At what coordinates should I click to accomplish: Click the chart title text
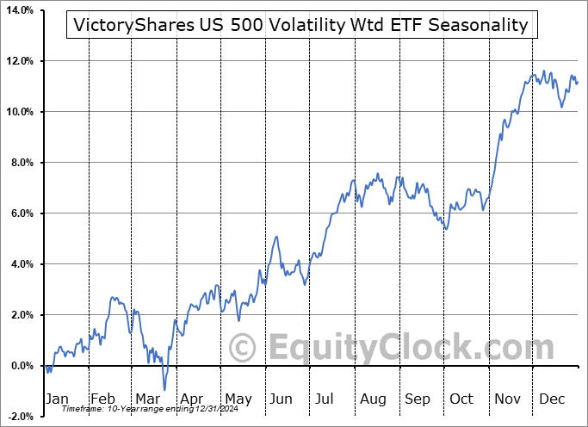(301, 25)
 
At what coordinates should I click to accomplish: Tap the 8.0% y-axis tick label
(21, 163)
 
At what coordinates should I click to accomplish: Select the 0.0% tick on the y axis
(21, 366)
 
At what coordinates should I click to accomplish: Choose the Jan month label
(56, 399)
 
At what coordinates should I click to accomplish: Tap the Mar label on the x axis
(148, 399)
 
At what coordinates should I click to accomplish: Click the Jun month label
(281, 399)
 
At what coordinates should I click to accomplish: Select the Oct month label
(461, 399)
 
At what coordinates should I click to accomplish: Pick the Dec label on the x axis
(551, 399)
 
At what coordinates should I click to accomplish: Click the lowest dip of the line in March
(164, 390)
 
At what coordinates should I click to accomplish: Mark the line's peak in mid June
(276, 237)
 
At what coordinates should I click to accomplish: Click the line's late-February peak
(114, 298)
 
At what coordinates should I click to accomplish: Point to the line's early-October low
(445, 228)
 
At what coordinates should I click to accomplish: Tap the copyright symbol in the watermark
(243, 349)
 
